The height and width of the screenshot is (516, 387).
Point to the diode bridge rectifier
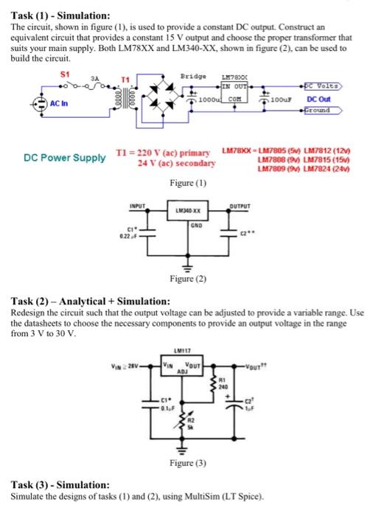(175, 97)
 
